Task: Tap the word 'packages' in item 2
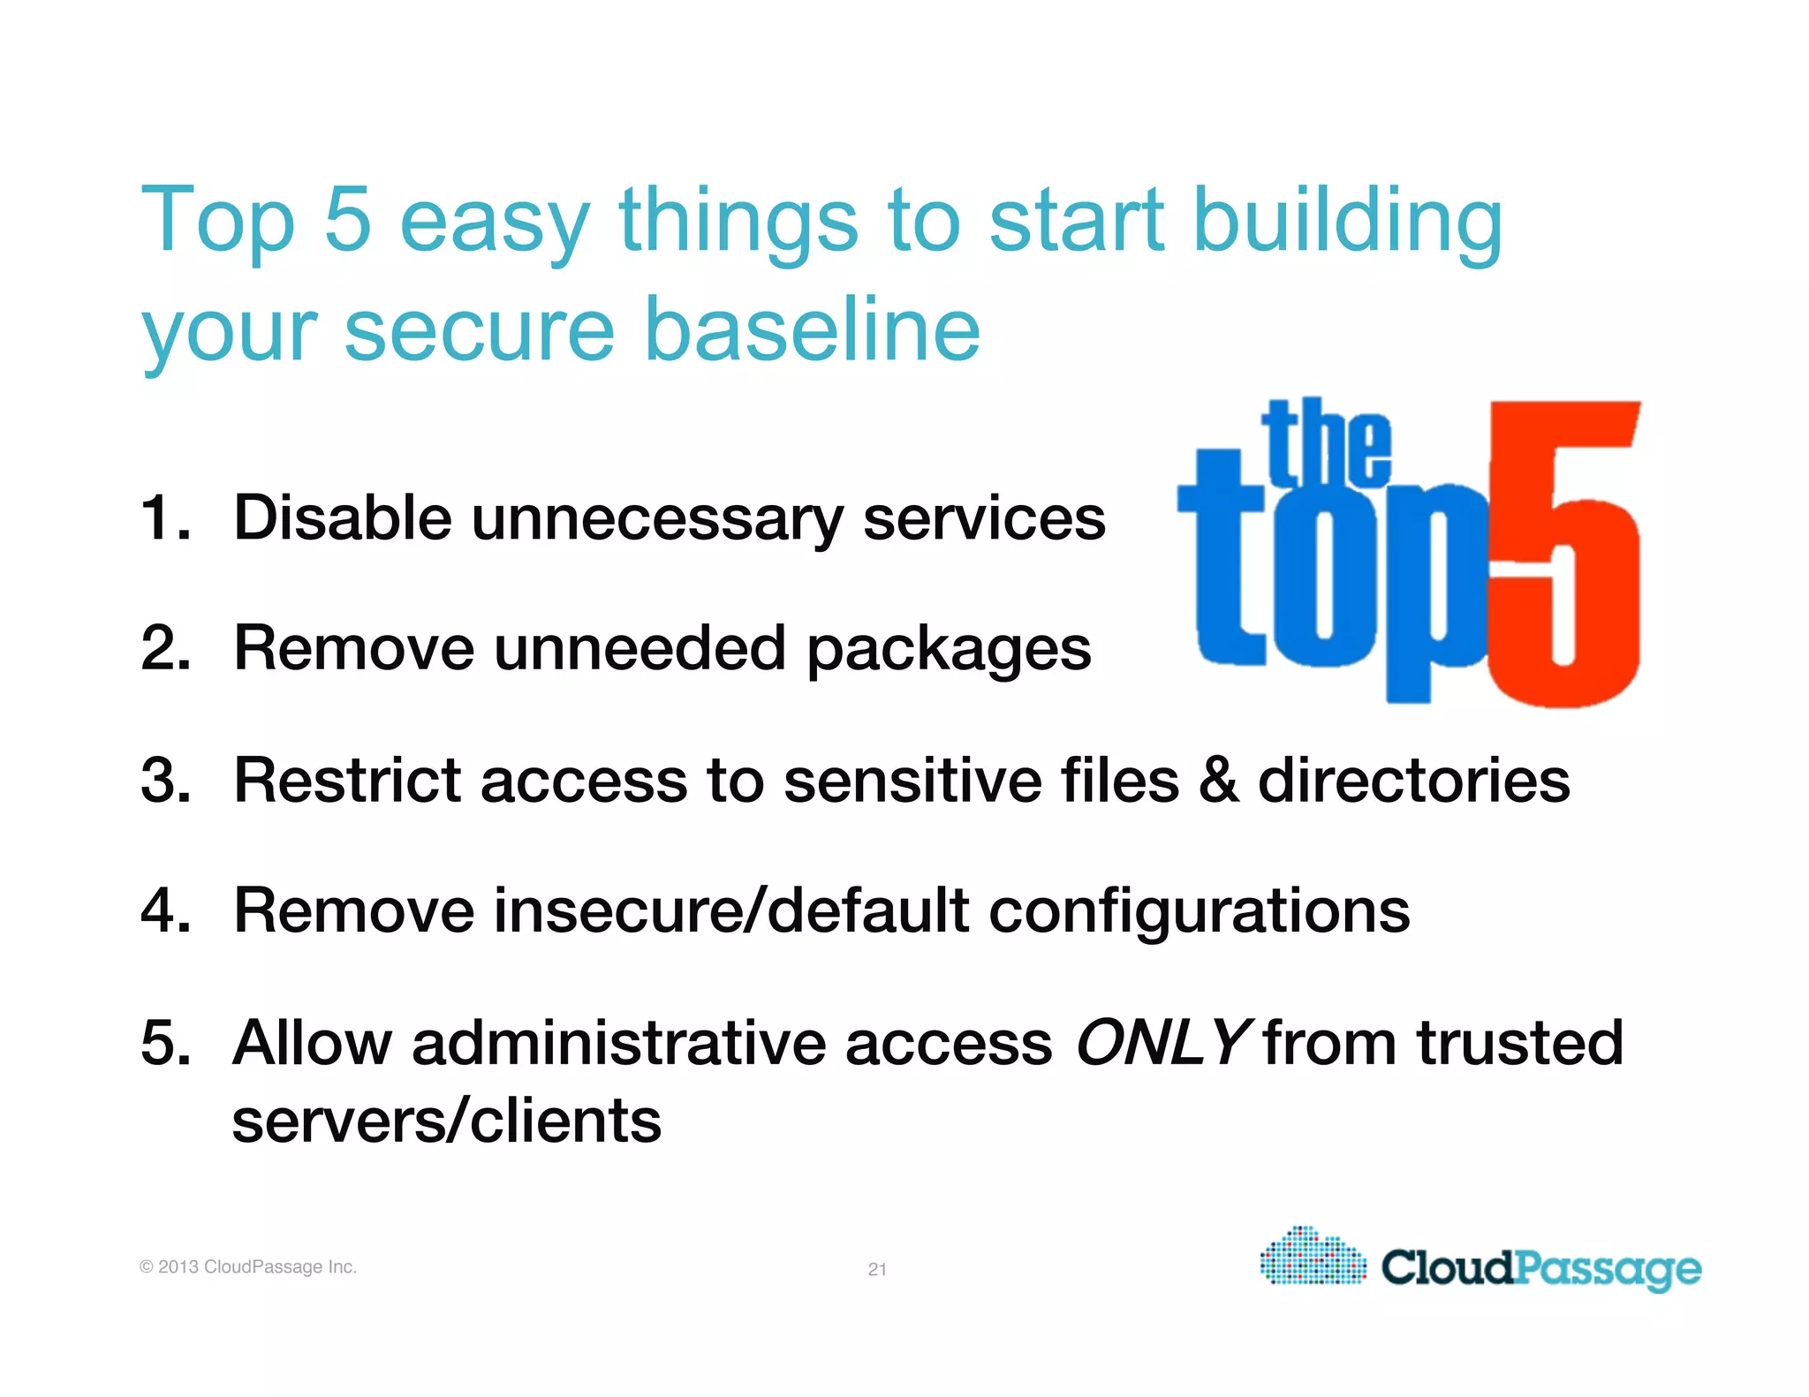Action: [949, 649]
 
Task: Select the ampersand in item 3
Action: [1218, 781]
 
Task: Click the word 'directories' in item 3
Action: [1413, 781]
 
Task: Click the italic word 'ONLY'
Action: [1161, 1043]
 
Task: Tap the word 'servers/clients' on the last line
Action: [446, 1121]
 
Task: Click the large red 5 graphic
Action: [1563, 556]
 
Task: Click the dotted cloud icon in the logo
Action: [1313, 1257]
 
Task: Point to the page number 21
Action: [877, 1269]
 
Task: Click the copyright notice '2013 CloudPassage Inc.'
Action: [248, 1267]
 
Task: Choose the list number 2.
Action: [165, 649]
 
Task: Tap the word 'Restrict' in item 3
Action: [346, 781]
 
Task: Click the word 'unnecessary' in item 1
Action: [657, 518]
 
